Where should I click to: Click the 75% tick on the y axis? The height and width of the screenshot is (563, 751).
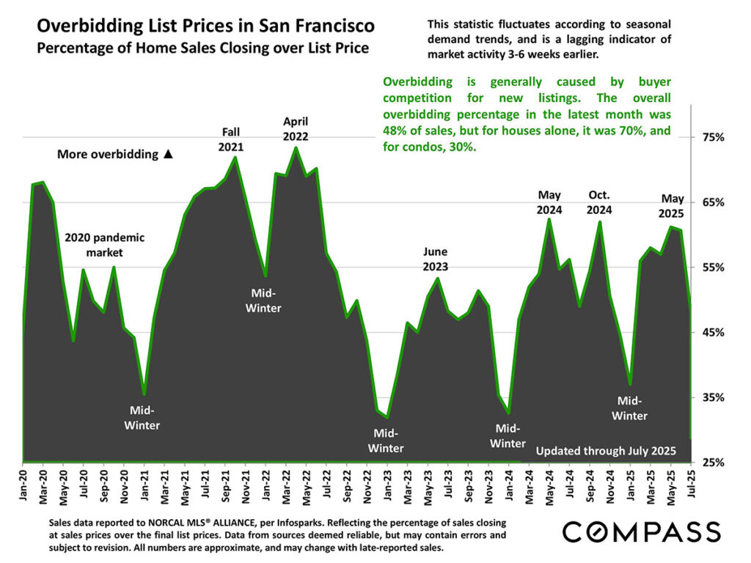714,138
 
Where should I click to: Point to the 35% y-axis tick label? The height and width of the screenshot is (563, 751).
714,397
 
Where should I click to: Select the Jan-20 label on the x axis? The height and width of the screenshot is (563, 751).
23,484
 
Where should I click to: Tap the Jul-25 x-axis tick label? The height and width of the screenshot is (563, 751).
690,484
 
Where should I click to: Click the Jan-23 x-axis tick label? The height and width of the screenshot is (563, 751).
387,484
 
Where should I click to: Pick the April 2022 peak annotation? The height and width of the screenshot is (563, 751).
296,128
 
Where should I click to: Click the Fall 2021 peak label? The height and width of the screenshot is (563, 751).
232,139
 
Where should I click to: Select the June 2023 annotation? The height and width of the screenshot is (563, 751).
435,259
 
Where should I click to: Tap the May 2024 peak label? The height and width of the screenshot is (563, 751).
549,202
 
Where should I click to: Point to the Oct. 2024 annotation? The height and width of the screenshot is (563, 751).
599,202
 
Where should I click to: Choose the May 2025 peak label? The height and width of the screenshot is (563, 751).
673,206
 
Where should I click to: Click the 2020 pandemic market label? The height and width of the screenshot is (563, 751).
105,245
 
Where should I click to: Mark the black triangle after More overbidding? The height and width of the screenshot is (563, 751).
168,155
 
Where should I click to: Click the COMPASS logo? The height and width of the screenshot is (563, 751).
641,531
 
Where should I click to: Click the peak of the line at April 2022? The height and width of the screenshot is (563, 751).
295,147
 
